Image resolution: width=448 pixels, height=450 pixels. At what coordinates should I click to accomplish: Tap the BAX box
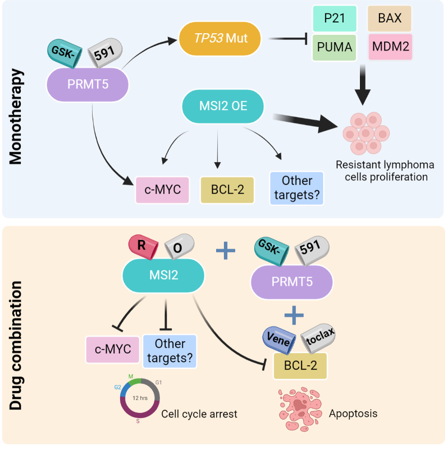pyautogui.click(x=390, y=19)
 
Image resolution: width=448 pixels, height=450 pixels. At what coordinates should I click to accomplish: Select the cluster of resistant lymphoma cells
pyautogui.click(x=366, y=134)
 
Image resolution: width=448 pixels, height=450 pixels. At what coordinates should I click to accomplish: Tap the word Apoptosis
pyautogui.click(x=354, y=414)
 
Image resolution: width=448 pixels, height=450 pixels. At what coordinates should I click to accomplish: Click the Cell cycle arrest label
pyautogui.click(x=199, y=414)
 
